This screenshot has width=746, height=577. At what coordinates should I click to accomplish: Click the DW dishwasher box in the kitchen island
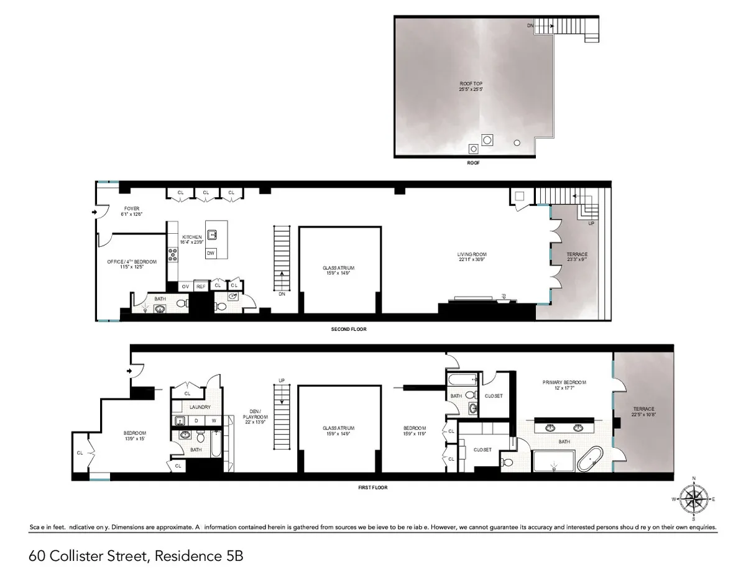(x=211, y=253)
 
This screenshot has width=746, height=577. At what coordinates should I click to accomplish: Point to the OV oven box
(x=185, y=287)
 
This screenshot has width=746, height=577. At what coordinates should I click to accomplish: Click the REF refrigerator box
(x=201, y=287)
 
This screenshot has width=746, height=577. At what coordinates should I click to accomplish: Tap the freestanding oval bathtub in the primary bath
(x=588, y=461)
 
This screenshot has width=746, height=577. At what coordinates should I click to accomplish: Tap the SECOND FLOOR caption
(x=349, y=329)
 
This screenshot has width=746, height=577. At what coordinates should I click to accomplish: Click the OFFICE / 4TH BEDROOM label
(x=132, y=262)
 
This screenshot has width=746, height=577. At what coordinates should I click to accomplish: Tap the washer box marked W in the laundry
(x=213, y=421)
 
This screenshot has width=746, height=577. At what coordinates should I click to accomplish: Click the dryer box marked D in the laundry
(x=196, y=421)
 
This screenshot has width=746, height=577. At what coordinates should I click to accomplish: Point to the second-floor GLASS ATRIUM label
(x=339, y=267)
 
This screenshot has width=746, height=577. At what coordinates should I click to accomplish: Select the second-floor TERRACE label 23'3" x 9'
(x=577, y=254)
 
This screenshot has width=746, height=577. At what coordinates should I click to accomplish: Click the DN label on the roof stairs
(x=530, y=25)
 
